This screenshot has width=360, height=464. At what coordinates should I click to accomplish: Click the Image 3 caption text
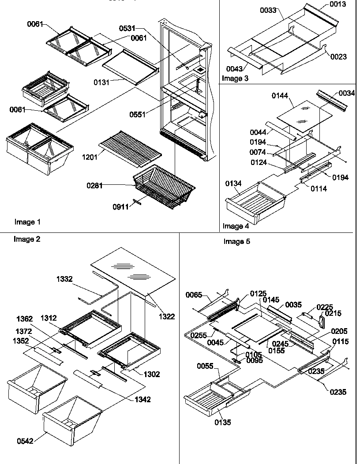(x=235, y=79)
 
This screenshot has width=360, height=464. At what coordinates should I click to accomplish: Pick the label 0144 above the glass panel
(x=279, y=95)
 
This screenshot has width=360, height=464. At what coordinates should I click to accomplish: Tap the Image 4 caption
(x=236, y=226)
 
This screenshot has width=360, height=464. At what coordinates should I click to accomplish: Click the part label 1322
(x=167, y=316)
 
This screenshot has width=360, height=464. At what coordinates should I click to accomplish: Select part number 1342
(x=143, y=400)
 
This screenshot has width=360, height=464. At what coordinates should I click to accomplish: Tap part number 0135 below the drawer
(x=223, y=423)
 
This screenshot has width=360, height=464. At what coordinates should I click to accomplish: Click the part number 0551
(x=137, y=114)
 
